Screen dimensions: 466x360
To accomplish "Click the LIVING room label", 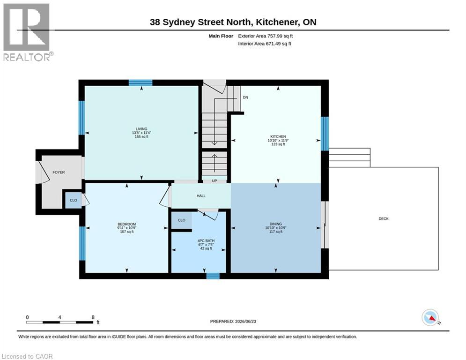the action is point(141,129).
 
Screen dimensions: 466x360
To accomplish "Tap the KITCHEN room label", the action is point(278,136).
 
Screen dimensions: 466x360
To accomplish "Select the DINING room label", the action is point(276,224).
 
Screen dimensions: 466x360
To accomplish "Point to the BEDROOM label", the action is point(126,225).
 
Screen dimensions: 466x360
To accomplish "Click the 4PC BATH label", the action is point(206,240).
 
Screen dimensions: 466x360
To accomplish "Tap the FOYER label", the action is point(59,172).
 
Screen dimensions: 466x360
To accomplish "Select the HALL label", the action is point(201,196).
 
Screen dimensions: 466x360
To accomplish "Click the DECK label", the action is point(384,219).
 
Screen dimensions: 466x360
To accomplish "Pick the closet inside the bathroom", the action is point(182,220).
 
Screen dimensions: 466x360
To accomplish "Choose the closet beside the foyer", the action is point(74,200).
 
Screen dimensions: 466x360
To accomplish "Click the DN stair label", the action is point(245,97).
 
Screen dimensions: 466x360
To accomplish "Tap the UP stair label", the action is point(215,180).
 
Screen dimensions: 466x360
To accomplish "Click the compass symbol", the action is point(430,318).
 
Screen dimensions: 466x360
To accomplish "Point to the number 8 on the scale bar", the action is point(93,317).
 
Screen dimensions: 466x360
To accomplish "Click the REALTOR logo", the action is point(27,32).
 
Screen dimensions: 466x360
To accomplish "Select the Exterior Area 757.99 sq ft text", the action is point(266,36).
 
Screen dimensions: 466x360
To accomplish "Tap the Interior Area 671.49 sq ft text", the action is point(265,44).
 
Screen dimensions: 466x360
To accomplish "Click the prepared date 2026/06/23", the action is point(245,321).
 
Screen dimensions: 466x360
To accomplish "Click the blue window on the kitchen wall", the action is point(325,134).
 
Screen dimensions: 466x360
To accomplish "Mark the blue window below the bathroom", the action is point(213,276).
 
